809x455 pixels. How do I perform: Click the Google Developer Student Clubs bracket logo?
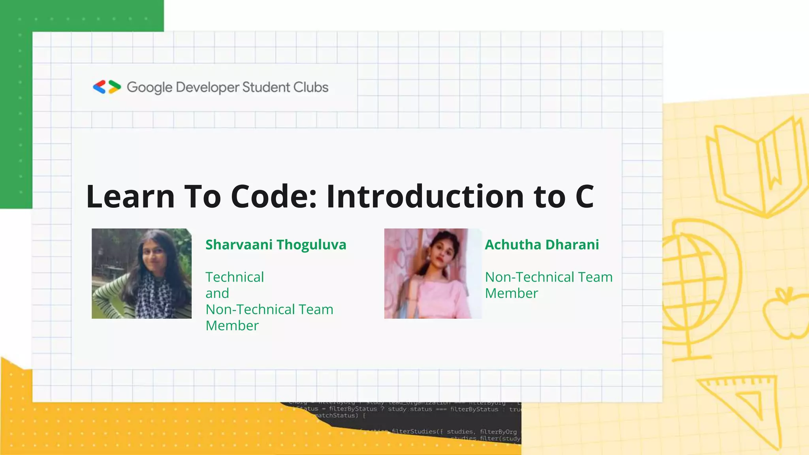click(107, 87)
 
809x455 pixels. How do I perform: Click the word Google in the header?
click(149, 87)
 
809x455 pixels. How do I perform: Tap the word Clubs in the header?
click(310, 87)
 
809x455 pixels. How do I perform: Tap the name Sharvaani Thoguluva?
click(276, 244)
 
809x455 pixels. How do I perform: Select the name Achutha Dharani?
click(542, 244)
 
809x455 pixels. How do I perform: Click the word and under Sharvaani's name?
click(217, 293)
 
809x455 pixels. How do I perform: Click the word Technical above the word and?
click(235, 277)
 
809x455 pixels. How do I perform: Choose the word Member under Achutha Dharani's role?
click(511, 293)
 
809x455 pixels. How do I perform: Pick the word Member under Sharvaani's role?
click(232, 325)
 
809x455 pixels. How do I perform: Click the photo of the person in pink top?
click(433, 273)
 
